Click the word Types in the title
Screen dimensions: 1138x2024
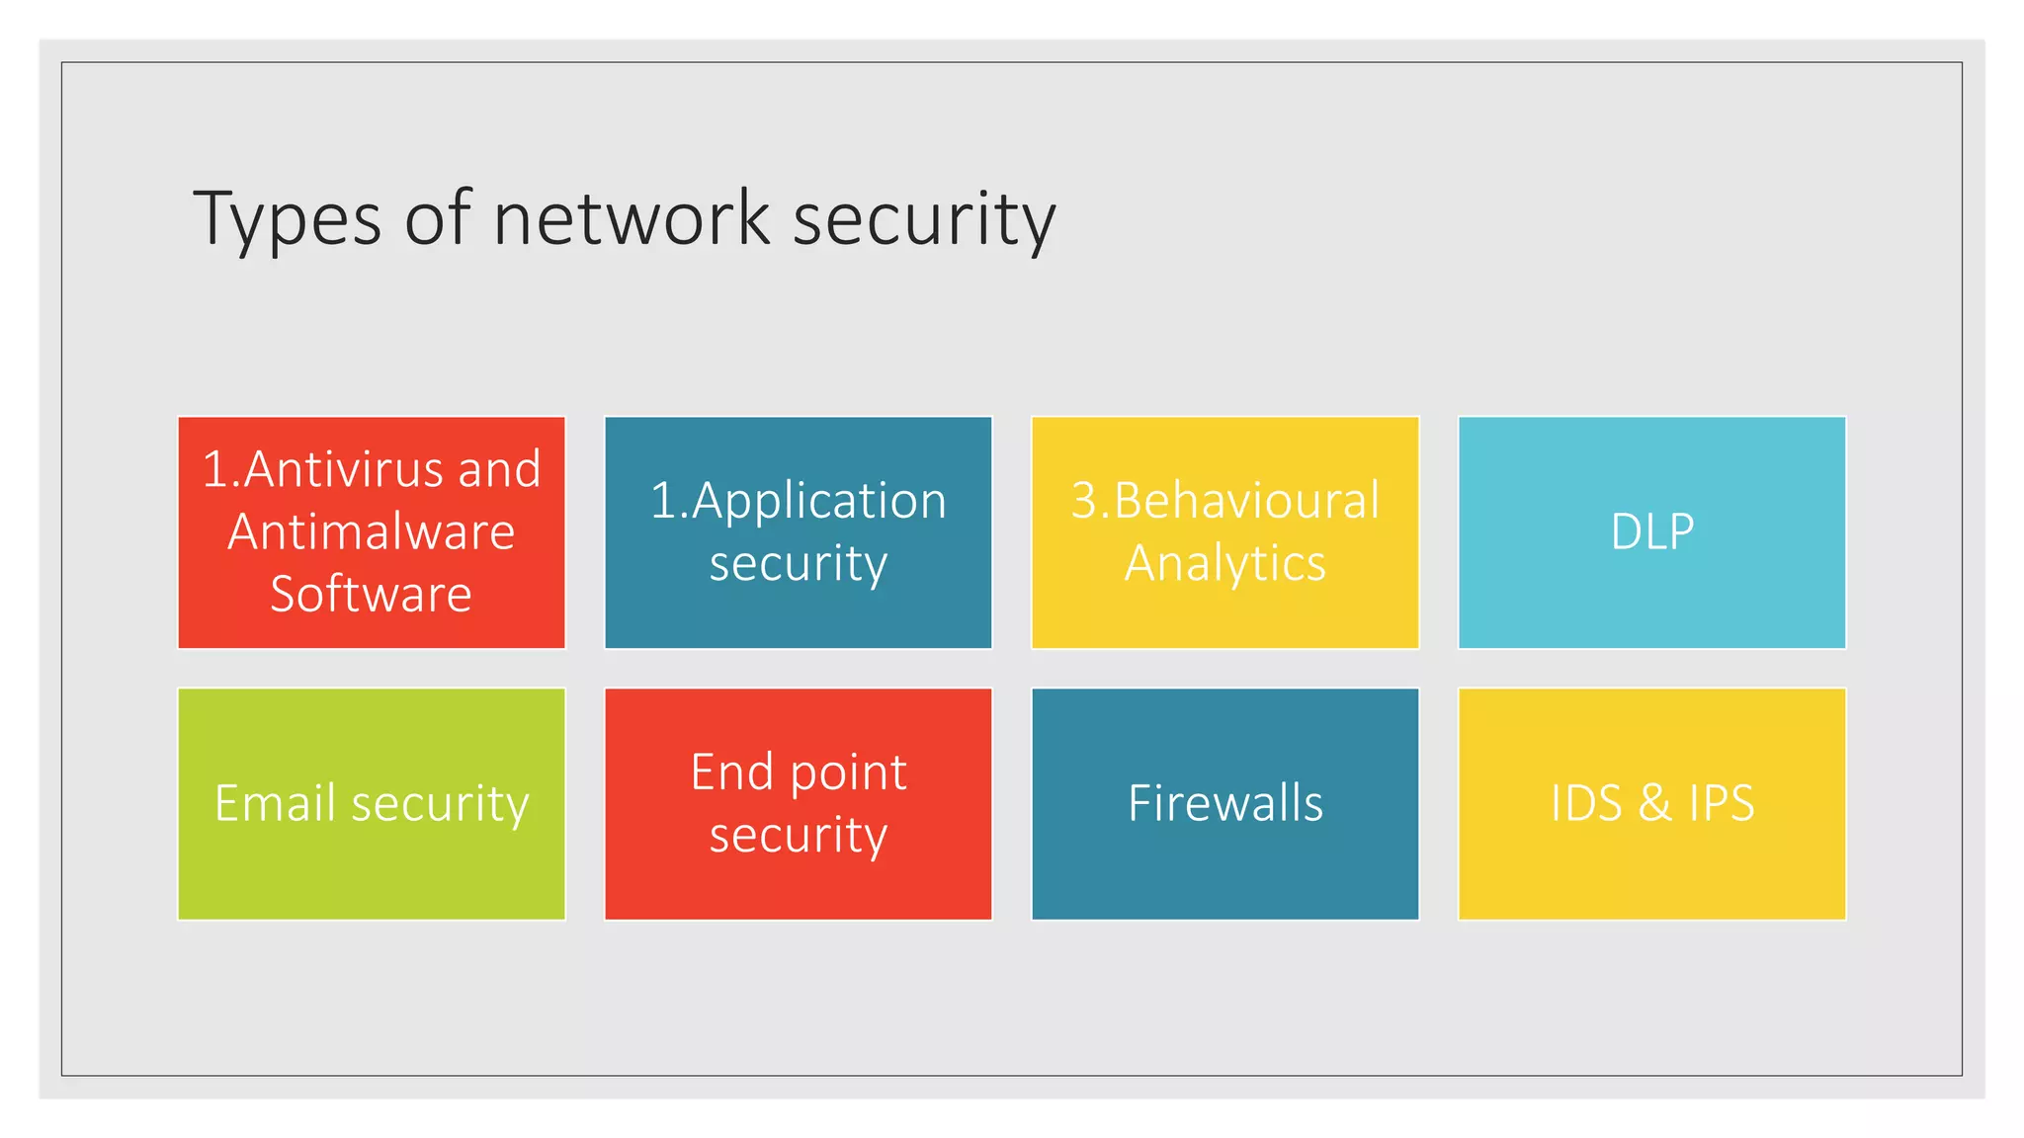[287, 219]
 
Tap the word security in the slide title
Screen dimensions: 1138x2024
[924, 219]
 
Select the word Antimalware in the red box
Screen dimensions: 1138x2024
[372, 531]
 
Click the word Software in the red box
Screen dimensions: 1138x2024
[372, 594]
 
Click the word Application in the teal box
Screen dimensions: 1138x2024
[819, 500]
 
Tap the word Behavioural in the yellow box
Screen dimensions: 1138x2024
[1246, 500]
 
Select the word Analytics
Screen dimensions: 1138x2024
[1225, 563]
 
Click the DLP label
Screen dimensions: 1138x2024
[1652, 531]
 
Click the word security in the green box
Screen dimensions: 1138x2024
[441, 804]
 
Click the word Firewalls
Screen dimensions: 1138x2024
[1225, 802]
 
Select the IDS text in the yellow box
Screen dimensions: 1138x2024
[1586, 802]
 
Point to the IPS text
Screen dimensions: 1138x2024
[1722, 802]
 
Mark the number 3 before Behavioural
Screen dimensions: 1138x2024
[1084, 500]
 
